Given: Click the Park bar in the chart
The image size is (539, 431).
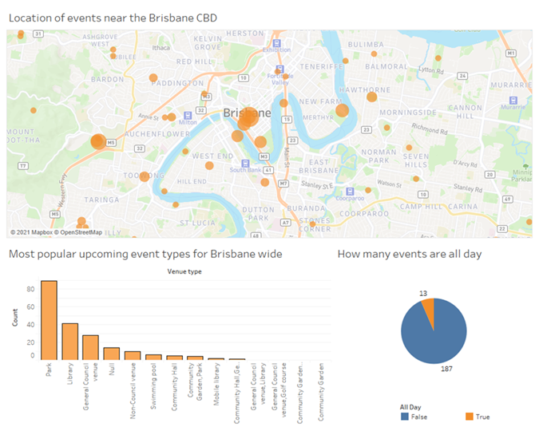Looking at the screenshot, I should point(49,320).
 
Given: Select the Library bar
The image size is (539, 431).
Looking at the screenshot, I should point(70,342).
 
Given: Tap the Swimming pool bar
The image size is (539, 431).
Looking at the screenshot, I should point(153,357).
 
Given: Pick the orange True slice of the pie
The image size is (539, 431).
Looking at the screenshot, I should point(429,310).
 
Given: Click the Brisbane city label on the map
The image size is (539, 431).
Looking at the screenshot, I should point(248,113).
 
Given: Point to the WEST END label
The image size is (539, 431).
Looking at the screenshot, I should point(212,156).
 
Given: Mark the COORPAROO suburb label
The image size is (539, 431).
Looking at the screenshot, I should point(362,213).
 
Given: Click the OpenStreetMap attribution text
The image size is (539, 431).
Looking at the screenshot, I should point(80,232).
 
